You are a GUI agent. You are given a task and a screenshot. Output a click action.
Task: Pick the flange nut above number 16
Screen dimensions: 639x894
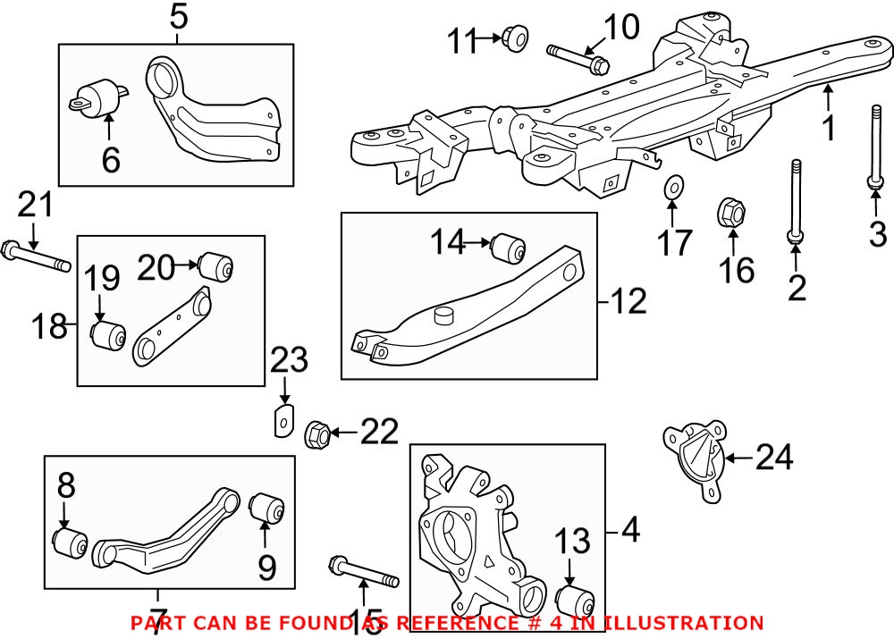tap(731, 213)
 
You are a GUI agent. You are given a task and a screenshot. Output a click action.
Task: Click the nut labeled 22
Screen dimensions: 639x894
tap(316, 435)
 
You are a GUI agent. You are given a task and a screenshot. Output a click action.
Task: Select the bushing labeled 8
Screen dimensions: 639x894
tap(69, 542)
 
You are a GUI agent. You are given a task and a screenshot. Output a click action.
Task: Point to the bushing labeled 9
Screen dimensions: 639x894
tap(266, 509)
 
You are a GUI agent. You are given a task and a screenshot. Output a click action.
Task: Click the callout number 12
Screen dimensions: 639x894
tap(630, 301)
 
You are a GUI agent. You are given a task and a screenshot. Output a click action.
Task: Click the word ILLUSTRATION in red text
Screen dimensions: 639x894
tap(684, 623)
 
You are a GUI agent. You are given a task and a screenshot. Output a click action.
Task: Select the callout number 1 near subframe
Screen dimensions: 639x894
tap(829, 127)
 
